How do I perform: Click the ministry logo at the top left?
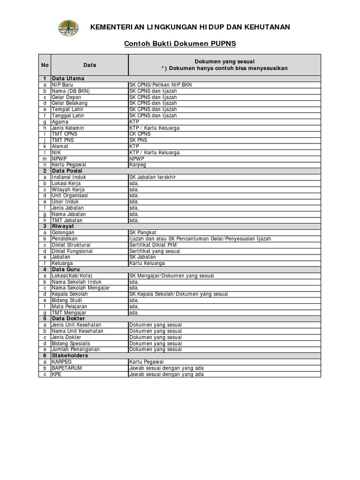tap(68, 28)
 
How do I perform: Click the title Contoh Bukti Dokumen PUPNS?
tap(180, 44)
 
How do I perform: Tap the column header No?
tap(45, 65)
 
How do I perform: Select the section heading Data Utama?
tap(68, 78)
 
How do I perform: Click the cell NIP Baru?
tap(62, 85)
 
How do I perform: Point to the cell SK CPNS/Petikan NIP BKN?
tap(160, 85)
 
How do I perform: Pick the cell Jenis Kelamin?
tap(68, 128)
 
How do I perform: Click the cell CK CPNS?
tap(141, 134)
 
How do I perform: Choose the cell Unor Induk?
tap(65, 202)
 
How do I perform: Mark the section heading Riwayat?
tap(63, 226)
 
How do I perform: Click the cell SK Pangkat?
tap(143, 232)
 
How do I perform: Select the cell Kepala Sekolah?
tap(70, 294)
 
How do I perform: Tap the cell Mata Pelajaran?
tap(70, 307)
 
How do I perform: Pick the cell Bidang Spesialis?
tap(71, 344)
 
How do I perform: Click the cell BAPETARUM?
tap(67, 368)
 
